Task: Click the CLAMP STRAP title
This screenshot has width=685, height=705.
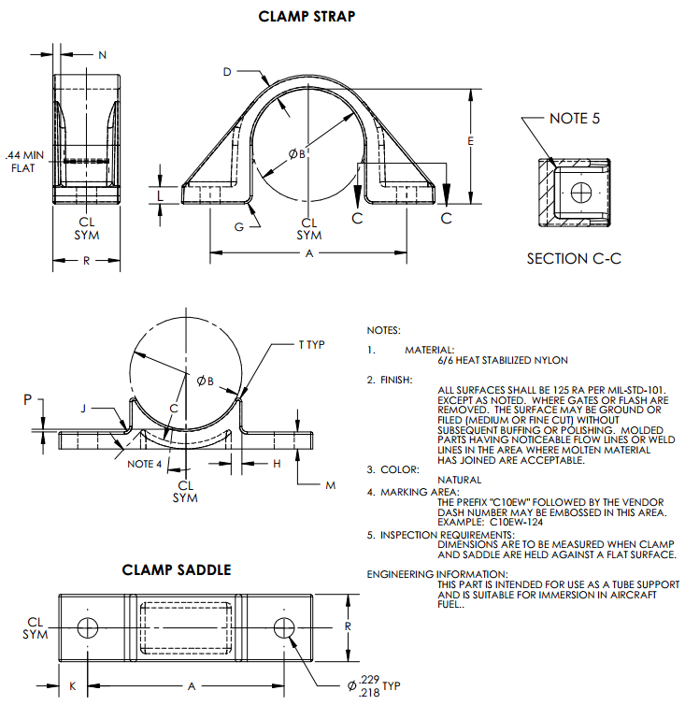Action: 307,16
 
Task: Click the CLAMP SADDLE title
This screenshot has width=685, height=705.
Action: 177,569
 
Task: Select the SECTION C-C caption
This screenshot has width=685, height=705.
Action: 574,258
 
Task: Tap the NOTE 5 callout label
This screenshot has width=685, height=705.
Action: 575,119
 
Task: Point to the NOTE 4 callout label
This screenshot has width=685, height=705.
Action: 144,464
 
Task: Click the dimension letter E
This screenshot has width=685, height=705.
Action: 471,141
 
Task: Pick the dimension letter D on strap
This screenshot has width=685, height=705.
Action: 227,72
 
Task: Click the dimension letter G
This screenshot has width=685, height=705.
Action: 239,227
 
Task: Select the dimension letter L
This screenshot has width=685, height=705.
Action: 161,195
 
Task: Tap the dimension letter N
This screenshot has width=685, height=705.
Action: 102,55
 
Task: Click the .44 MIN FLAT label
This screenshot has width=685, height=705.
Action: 24,161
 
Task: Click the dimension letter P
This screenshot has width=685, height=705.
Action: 28,400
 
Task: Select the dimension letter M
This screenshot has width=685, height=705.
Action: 330,485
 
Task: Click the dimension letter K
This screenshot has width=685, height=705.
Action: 73,685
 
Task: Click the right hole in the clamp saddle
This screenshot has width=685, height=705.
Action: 286,626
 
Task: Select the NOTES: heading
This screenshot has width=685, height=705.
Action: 383,330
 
